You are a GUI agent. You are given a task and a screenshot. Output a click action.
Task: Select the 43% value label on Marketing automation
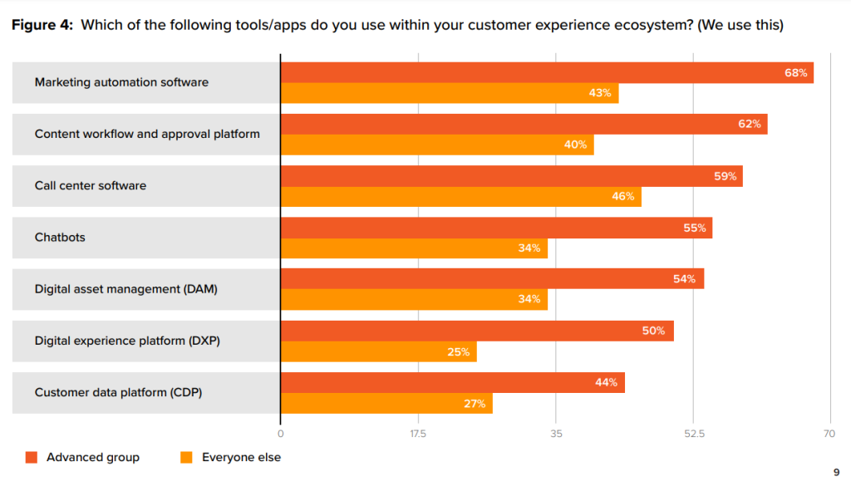pos(600,93)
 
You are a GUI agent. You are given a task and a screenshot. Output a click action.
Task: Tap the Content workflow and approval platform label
pos(147,134)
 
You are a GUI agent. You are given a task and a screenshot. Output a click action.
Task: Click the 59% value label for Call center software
pos(725,176)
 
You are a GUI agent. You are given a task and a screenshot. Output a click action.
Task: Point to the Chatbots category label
pos(60,237)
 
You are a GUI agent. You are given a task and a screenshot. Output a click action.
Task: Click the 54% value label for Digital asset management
pos(684,279)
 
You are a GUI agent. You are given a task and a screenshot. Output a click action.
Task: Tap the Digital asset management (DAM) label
pos(126,289)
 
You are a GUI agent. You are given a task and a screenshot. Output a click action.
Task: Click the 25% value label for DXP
pos(459,352)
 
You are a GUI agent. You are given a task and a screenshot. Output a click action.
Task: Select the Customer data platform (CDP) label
pos(118,392)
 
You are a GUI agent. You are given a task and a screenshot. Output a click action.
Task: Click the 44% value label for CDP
pos(606,382)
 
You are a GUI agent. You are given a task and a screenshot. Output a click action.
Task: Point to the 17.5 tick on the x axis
pos(418,434)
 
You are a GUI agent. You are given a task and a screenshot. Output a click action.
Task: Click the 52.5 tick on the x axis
pos(695,434)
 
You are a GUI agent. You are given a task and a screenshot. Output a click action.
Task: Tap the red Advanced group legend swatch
pos(32,457)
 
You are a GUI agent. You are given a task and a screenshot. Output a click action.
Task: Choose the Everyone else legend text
pos(241,457)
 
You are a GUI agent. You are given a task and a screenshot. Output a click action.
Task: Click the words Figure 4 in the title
pos(41,25)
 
